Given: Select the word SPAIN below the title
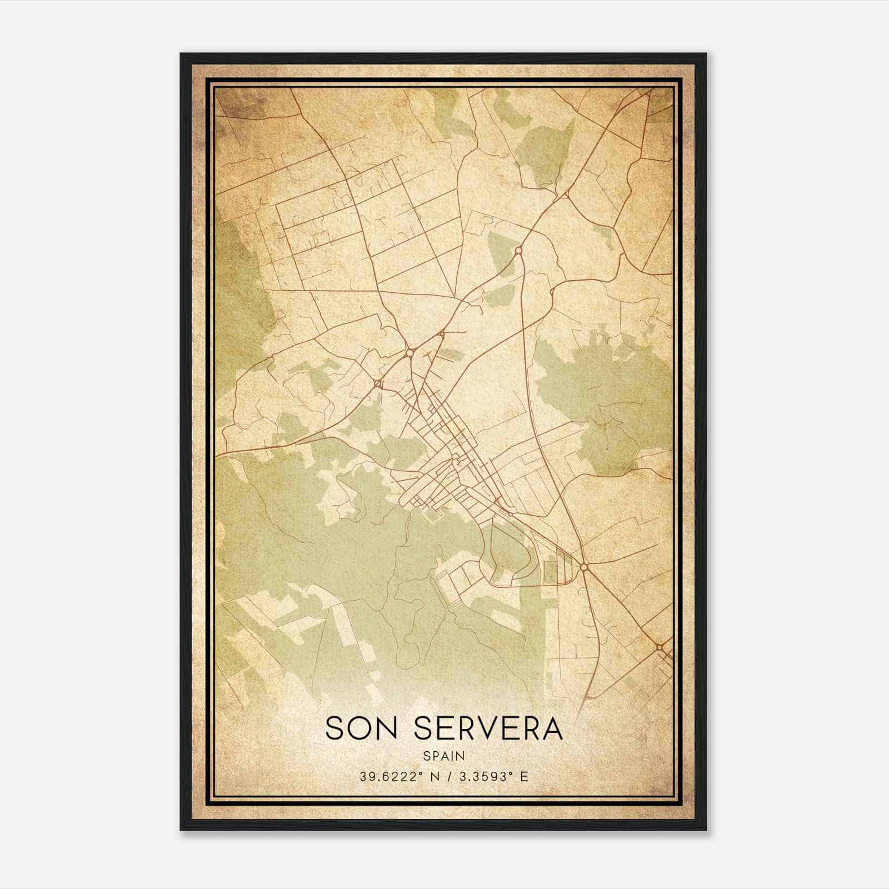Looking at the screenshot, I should [444, 756].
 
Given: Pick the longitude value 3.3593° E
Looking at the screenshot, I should [491, 777].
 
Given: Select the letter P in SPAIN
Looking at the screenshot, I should [434, 756].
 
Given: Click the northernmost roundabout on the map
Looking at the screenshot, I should [518, 251].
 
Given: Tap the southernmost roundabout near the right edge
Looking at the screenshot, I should [659, 647].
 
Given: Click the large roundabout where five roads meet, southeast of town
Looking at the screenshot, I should [584, 566].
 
